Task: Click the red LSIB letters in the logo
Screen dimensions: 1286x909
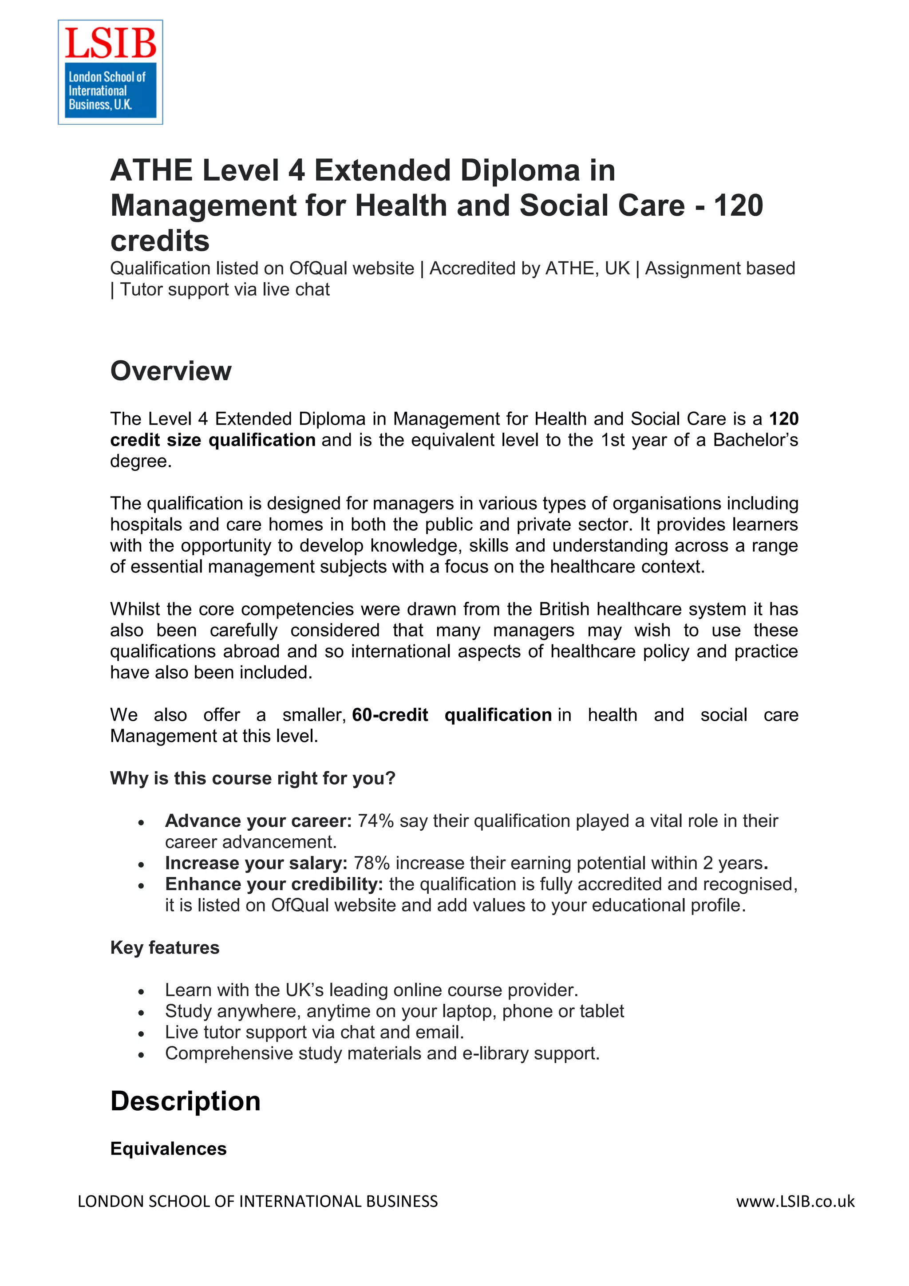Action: [x=111, y=43]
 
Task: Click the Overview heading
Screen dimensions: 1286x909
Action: [x=170, y=371]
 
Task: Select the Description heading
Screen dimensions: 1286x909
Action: [x=186, y=1101]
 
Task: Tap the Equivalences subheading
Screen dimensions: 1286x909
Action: [x=168, y=1148]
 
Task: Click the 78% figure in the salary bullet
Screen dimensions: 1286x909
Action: [x=372, y=863]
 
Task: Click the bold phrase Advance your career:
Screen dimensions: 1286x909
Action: [x=258, y=821]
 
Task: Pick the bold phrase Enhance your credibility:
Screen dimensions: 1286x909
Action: [x=274, y=884]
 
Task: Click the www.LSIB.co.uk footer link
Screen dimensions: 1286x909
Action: [x=795, y=1201]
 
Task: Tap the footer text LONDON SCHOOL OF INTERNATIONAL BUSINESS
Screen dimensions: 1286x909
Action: [x=257, y=1201]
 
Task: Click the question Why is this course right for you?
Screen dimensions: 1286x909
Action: [x=253, y=778]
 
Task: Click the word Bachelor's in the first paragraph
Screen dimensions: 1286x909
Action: [x=755, y=440]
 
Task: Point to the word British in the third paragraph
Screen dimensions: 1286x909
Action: [x=565, y=609]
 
